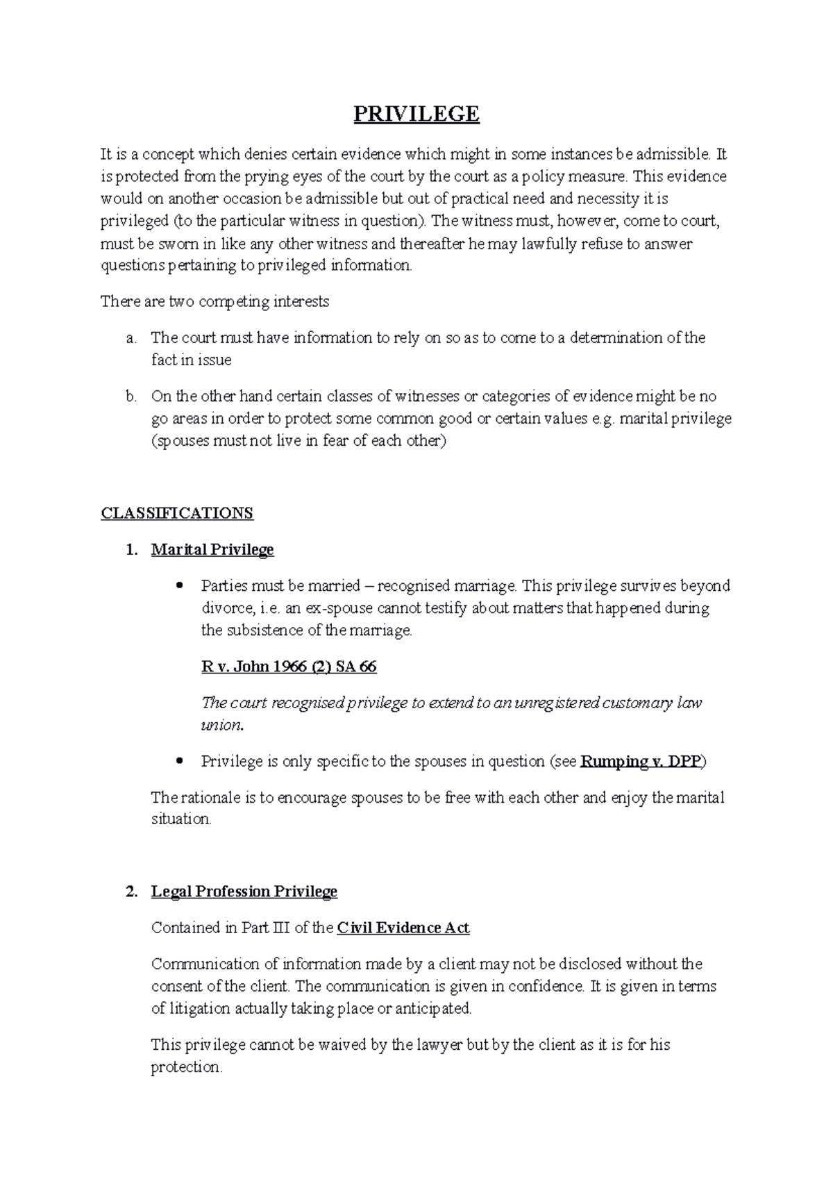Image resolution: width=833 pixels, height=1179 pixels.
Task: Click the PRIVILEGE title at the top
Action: [416, 114]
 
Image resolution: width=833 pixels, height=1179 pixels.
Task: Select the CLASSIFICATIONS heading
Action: [177, 514]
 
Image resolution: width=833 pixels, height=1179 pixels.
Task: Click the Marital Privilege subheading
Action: [212, 550]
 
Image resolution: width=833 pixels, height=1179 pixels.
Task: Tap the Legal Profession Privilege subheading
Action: [244, 892]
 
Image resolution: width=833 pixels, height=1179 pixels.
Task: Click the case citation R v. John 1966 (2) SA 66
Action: [289, 667]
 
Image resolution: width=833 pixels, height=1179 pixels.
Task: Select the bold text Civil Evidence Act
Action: [403, 928]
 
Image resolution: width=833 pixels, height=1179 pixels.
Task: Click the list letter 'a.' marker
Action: [131, 339]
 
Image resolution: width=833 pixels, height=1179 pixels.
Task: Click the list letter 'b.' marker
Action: [131, 397]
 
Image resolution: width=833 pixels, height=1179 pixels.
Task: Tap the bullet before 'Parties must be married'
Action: [180, 585]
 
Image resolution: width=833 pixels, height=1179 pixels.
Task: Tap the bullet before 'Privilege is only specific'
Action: [180, 761]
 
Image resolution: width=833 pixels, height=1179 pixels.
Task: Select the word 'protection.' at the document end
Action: [187, 1068]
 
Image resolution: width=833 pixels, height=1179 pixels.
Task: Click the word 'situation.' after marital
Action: [181, 819]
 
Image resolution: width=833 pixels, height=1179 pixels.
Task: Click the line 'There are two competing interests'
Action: [215, 302]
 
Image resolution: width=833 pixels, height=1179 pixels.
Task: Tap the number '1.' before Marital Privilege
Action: [131, 550]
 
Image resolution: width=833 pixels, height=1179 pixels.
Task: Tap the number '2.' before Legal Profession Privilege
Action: [131, 892]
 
